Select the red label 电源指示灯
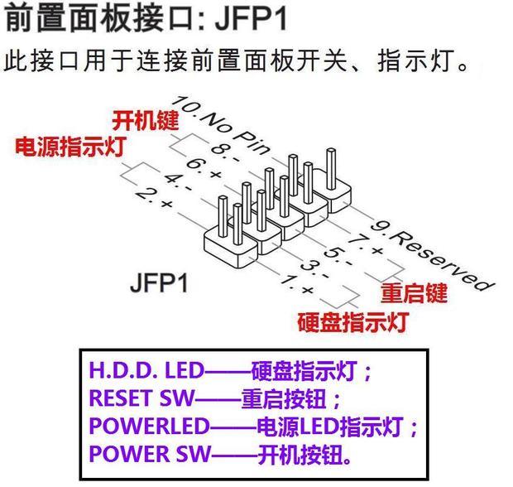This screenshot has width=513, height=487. (70, 147)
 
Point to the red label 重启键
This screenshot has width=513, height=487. (414, 293)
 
